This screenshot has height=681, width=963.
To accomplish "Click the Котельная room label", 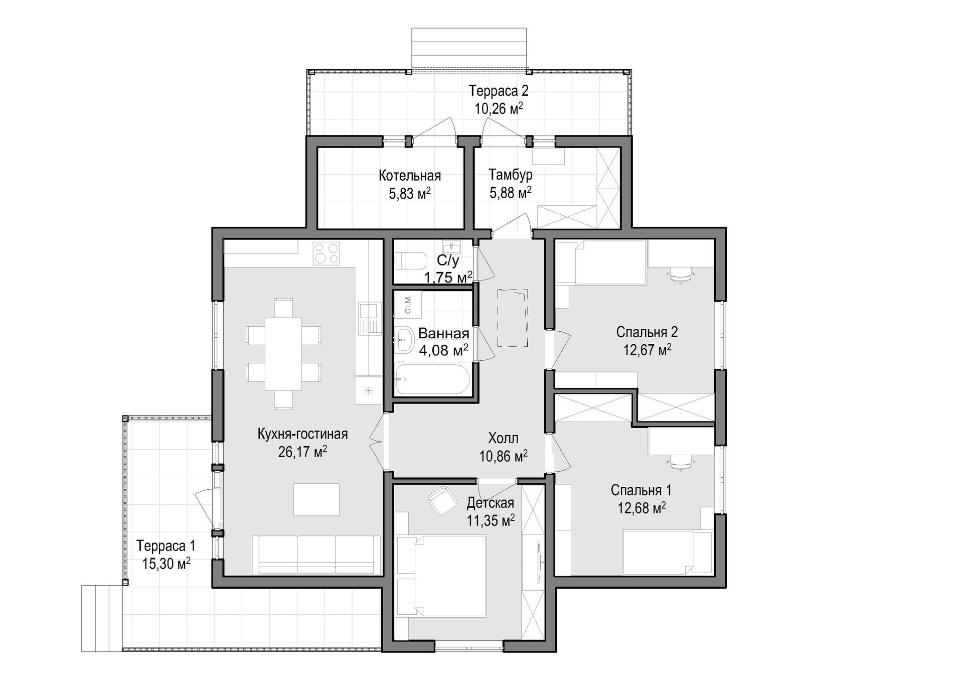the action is pyautogui.click(x=410, y=176).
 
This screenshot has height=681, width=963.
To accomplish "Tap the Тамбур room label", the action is pyautogui.click(x=510, y=175).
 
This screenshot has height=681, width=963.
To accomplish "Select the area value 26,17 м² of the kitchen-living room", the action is pyautogui.click(x=302, y=452).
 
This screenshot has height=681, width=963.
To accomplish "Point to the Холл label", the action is pyautogui.click(x=503, y=438).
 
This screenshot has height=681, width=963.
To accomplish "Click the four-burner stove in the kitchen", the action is pyautogui.click(x=327, y=253).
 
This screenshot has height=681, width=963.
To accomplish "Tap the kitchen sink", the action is pyautogui.click(x=370, y=319).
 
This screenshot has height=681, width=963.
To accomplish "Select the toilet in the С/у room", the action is pyautogui.click(x=410, y=261).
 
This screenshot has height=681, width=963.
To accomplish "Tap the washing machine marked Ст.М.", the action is pyautogui.click(x=408, y=304).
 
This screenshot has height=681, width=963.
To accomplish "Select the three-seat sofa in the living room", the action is pyautogui.click(x=316, y=555).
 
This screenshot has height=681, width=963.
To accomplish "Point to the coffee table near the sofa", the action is pyautogui.click(x=316, y=499).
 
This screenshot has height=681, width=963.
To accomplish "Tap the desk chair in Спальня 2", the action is pyautogui.click(x=680, y=274).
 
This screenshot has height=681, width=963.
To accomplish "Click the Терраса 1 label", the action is pyautogui.click(x=166, y=546).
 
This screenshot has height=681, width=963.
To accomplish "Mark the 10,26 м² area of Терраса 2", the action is pyautogui.click(x=499, y=108).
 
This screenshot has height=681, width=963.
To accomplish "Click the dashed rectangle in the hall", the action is pyautogui.click(x=513, y=318).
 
